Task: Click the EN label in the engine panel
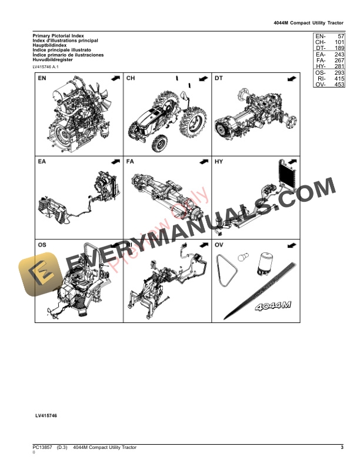[42, 78]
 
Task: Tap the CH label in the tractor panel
[131, 78]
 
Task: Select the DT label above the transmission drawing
[218, 78]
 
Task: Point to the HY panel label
[219, 161]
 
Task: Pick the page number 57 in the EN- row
[340, 36]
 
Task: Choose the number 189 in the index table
[338, 48]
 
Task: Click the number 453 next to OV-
[338, 85]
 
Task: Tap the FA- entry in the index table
[321, 61]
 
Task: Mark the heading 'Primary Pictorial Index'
[58, 36]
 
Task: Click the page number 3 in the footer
[342, 448]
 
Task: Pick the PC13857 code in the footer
[43, 448]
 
